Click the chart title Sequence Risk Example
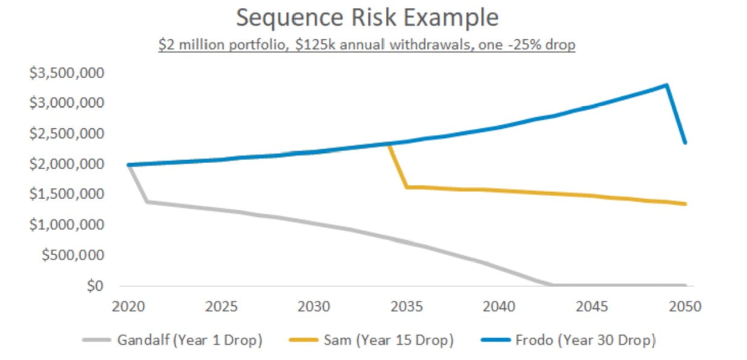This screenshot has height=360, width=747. tap(367, 18)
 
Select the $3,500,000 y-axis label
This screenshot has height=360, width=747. tap(67, 73)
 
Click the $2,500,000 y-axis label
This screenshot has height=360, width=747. tap(67, 134)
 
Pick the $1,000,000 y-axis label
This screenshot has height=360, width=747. tap(67, 225)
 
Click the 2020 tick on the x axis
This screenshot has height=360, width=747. tap(128, 306)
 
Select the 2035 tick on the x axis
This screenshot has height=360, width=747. tap(407, 306)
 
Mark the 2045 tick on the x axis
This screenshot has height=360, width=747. tap(592, 306)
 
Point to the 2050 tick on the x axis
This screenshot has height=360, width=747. tap(685, 306)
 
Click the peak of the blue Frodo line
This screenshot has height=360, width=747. tap(666, 85)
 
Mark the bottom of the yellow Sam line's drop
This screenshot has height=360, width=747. tap(407, 187)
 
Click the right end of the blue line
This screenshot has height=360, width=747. tap(686, 142)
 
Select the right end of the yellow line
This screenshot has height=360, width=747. tap(686, 204)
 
